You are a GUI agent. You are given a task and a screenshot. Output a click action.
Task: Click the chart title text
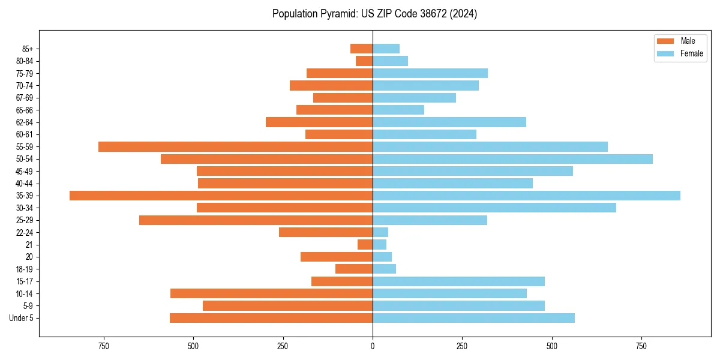coord(374,14)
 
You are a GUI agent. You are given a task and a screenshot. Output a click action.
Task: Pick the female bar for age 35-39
coord(526,196)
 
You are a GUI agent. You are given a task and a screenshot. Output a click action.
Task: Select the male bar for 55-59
coord(235,146)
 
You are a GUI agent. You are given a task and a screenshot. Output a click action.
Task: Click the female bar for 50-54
coord(512,159)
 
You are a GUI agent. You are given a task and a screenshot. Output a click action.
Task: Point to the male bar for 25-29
coord(256,220)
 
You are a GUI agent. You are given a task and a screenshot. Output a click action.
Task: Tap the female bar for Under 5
coord(473,318)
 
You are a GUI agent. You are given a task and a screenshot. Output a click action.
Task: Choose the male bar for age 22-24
coord(326,232)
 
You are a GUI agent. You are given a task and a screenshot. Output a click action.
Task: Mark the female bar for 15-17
coord(458,281)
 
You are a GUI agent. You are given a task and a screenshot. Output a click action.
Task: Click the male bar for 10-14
coord(271,293)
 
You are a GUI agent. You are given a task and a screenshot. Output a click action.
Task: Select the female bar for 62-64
coord(449,122)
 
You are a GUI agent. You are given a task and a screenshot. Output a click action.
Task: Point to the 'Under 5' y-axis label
coord(21,318)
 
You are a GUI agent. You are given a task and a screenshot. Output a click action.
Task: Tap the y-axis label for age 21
coord(29,245)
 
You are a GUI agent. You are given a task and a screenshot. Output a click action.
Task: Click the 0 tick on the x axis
coord(373,346)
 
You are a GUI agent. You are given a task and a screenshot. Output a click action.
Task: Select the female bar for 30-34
coord(494,208)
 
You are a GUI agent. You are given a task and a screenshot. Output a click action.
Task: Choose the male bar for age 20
coord(337,257)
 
